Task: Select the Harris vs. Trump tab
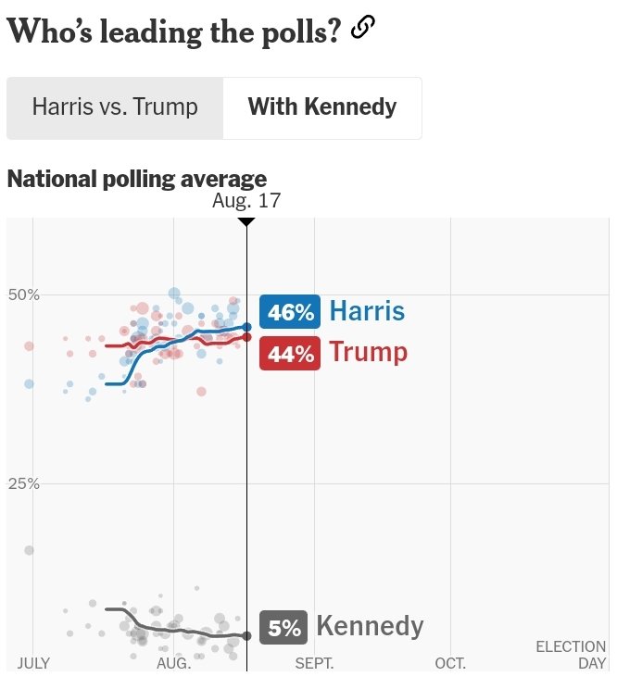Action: tap(115, 107)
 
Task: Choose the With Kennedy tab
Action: tap(322, 107)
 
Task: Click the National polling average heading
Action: tap(137, 180)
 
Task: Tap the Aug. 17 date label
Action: tap(246, 201)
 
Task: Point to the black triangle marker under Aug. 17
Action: tap(246, 222)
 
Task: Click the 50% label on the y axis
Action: tap(24, 294)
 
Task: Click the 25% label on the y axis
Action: tap(24, 483)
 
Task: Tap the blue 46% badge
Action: tap(290, 312)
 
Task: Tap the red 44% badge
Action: tap(290, 353)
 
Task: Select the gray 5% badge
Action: tap(283, 628)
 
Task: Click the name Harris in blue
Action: tap(367, 311)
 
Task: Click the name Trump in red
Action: tap(369, 353)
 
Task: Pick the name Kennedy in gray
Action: tap(370, 626)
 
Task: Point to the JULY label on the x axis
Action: tap(33, 663)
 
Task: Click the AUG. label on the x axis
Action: tap(174, 663)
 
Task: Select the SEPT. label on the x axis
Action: tap(314, 663)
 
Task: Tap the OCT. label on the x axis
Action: tap(450, 663)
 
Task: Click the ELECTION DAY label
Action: tap(571, 655)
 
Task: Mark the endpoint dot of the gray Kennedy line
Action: tap(247, 636)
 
